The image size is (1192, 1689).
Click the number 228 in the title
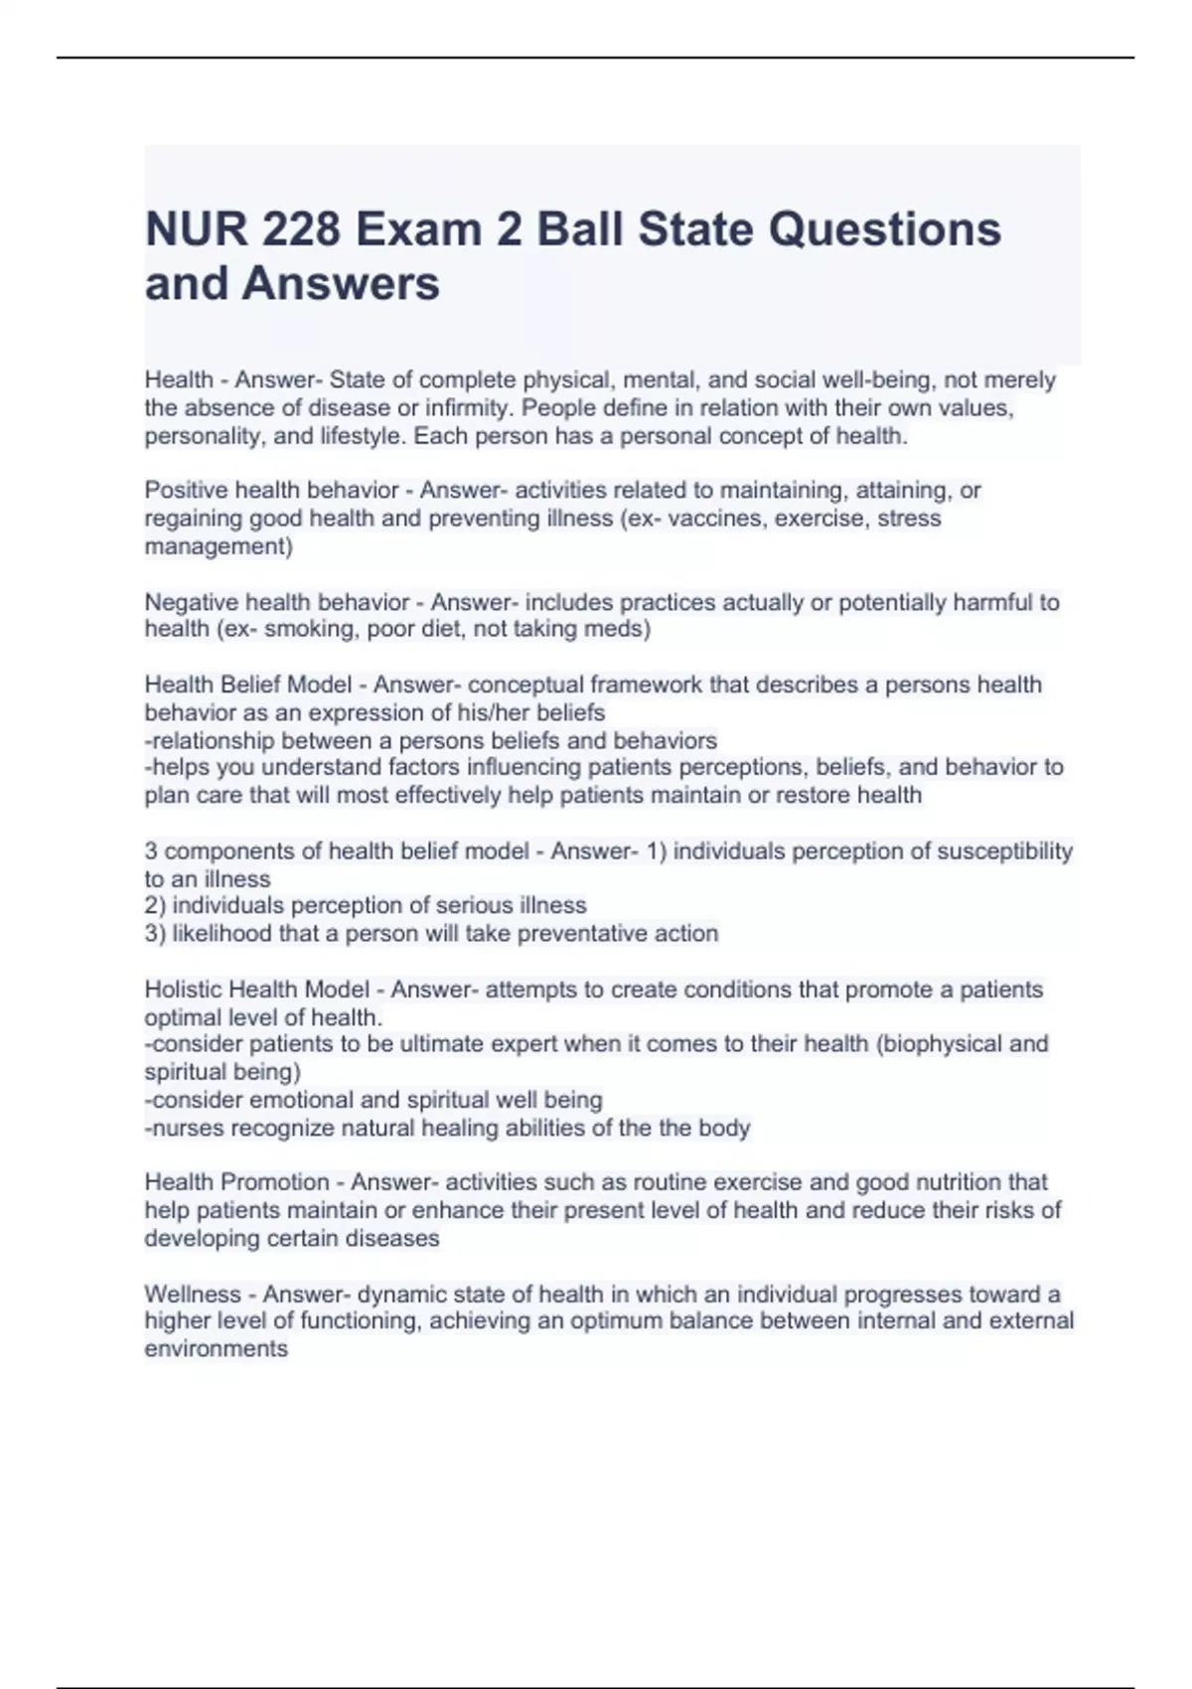pos(299,230)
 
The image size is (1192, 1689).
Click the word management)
pos(219,545)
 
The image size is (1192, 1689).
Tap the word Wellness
pos(193,1294)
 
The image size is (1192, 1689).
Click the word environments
pos(217,1348)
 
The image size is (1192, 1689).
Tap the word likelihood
pos(223,933)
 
